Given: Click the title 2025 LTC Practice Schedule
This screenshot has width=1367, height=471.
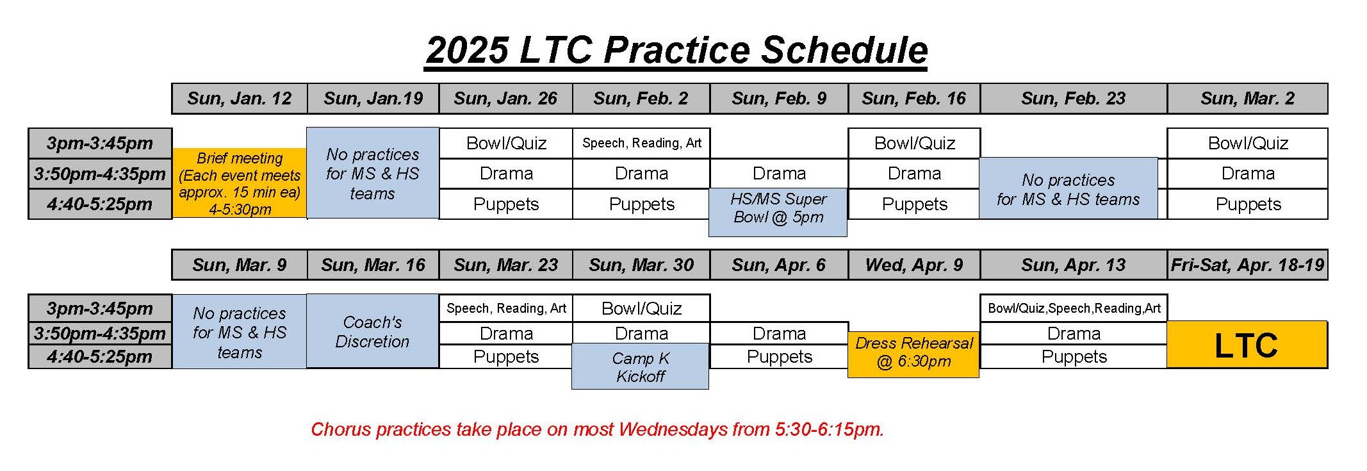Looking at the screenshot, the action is click(x=676, y=50).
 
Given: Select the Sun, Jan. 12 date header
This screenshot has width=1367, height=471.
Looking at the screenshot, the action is click(x=240, y=99).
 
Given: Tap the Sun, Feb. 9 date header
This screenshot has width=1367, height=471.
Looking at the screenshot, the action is click(x=779, y=99).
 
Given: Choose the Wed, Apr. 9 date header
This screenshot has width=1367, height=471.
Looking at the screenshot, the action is click(x=914, y=265).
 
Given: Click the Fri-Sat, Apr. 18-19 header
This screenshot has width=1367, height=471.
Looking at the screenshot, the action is click(x=1247, y=265).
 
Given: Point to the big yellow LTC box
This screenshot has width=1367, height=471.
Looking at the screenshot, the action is click(x=1247, y=345).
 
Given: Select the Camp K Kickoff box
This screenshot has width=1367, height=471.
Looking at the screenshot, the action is click(x=641, y=367).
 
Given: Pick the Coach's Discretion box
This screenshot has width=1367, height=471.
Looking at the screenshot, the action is click(x=373, y=331).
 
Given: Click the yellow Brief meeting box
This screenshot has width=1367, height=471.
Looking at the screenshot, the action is click(x=240, y=183).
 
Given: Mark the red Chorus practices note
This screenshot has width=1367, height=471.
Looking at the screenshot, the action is click(x=597, y=429).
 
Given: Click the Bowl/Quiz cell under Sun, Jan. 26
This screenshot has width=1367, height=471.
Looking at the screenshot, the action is click(x=506, y=144).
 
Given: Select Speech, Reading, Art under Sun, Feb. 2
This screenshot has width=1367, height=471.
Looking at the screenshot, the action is click(x=641, y=144).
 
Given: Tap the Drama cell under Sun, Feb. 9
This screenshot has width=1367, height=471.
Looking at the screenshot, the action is click(x=779, y=174).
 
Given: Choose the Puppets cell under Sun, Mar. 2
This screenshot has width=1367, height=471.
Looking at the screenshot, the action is click(x=1248, y=204).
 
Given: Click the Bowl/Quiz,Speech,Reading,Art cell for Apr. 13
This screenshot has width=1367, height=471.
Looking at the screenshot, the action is click(x=1074, y=308).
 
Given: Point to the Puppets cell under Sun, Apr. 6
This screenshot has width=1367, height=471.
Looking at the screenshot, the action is click(x=779, y=357).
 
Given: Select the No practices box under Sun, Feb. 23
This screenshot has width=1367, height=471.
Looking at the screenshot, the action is click(x=1068, y=189).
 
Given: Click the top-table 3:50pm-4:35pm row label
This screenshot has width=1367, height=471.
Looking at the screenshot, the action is click(x=100, y=174).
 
